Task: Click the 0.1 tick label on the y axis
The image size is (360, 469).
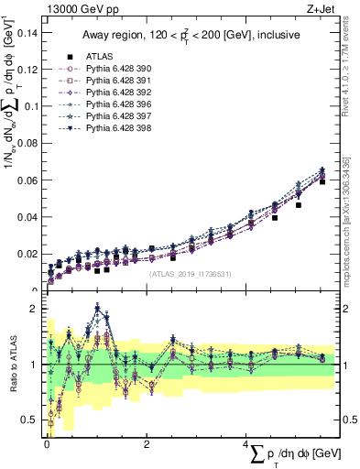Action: pyautogui.click(x=31, y=106)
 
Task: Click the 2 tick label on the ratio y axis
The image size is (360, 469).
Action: pyautogui.click(x=37, y=309)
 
